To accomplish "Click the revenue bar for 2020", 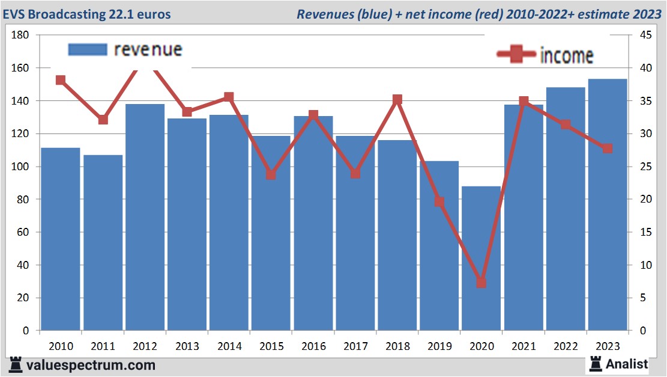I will click(x=481, y=259).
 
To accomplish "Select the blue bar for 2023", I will click(x=608, y=204).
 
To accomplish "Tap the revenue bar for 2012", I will click(x=145, y=216).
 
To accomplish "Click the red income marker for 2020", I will click(x=481, y=283).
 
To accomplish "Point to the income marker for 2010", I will click(x=61, y=80).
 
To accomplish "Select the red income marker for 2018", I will click(x=397, y=99).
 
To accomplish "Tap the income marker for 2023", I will click(x=608, y=148).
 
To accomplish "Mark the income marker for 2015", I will click(x=271, y=175).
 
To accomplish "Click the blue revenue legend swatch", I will click(x=88, y=49).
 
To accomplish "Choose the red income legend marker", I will click(x=516, y=55).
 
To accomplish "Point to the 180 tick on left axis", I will click(x=20, y=35).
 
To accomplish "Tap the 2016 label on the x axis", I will click(x=313, y=346).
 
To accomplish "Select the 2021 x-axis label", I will click(x=523, y=346).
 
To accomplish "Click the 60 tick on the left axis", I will click(x=23, y=232).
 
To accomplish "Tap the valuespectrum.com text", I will click(x=91, y=365).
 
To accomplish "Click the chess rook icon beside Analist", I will click(x=596, y=363).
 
